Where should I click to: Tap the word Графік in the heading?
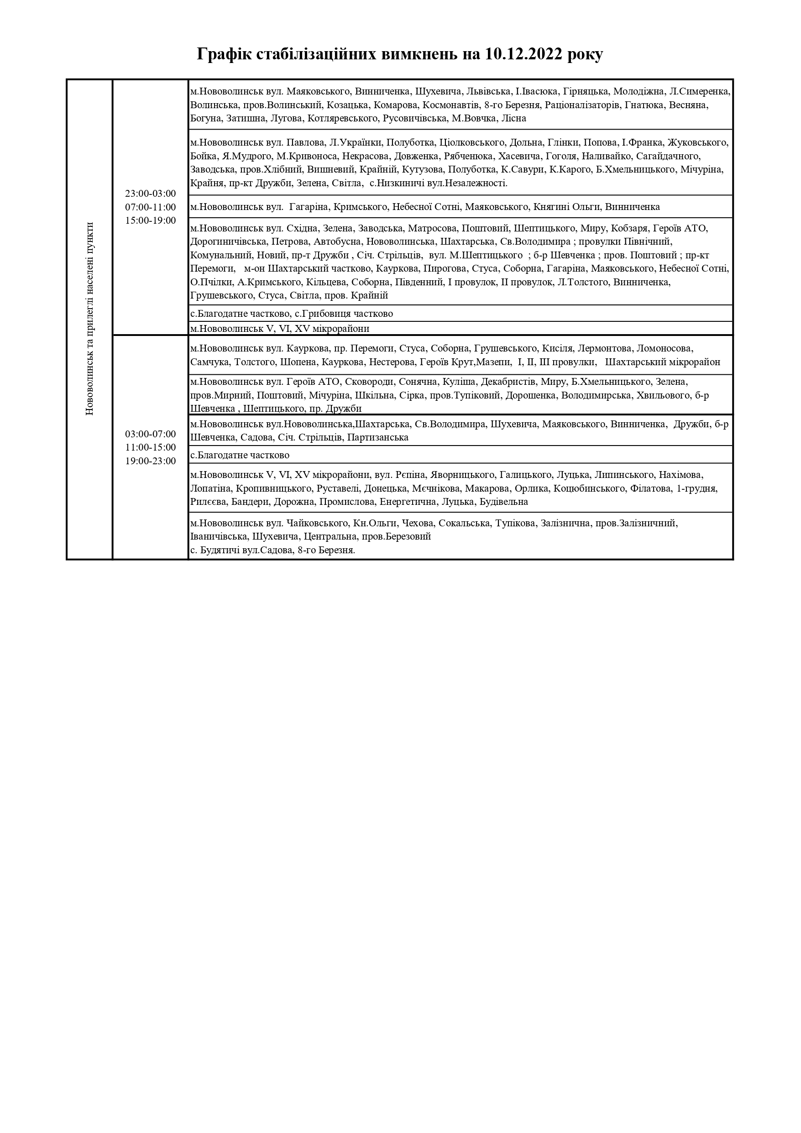(225, 54)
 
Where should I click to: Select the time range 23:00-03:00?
(151, 194)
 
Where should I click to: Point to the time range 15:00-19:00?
(151, 220)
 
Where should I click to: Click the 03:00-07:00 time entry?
(151, 434)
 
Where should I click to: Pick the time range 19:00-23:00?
(151, 462)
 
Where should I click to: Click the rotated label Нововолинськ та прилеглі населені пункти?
(89, 319)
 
